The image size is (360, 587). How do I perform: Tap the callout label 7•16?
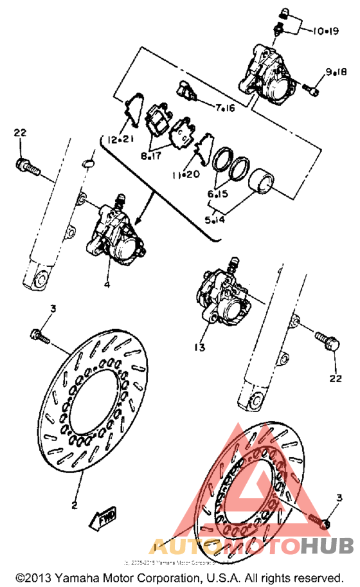[224, 108]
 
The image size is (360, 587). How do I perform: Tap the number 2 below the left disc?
[74, 505]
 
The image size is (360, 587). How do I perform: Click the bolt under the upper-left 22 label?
[26, 165]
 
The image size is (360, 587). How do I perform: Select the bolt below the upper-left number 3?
[40, 335]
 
